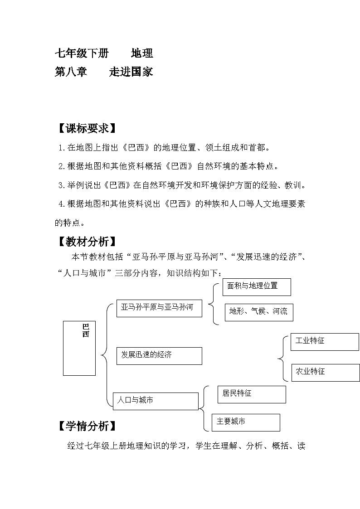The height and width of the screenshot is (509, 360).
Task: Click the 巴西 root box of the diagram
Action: click(x=79, y=348)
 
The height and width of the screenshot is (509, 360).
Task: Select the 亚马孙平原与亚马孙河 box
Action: click(x=159, y=308)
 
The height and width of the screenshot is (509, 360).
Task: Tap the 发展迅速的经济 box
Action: click(x=159, y=355)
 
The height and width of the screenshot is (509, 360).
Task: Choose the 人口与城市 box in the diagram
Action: click(x=156, y=401)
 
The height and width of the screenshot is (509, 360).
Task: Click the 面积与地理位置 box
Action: click(x=256, y=287)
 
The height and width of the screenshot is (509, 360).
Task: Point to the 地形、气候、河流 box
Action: click(x=259, y=312)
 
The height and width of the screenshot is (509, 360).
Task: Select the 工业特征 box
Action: click(x=324, y=341)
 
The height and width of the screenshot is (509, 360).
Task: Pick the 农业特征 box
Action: click(x=324, y=372)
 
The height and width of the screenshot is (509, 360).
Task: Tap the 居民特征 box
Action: click(x=251, y=394)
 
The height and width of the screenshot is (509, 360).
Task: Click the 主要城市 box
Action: click(x=245, y=422)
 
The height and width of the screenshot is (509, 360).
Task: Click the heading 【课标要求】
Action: click(x=85, y=128)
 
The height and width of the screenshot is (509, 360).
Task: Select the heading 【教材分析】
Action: click(x=85, y=242)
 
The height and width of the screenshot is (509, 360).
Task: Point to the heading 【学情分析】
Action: click(x=85, y=426)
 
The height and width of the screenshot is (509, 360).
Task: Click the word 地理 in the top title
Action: click(x=142, y=53)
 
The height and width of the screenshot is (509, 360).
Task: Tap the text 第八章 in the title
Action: click(x=71, y=72)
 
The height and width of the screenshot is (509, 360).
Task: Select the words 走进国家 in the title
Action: click(x=131, y=72)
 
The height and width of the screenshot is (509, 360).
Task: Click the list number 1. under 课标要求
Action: click(x=62, y=147)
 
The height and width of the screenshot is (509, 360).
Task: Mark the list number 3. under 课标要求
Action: click(x=62, y=185)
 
